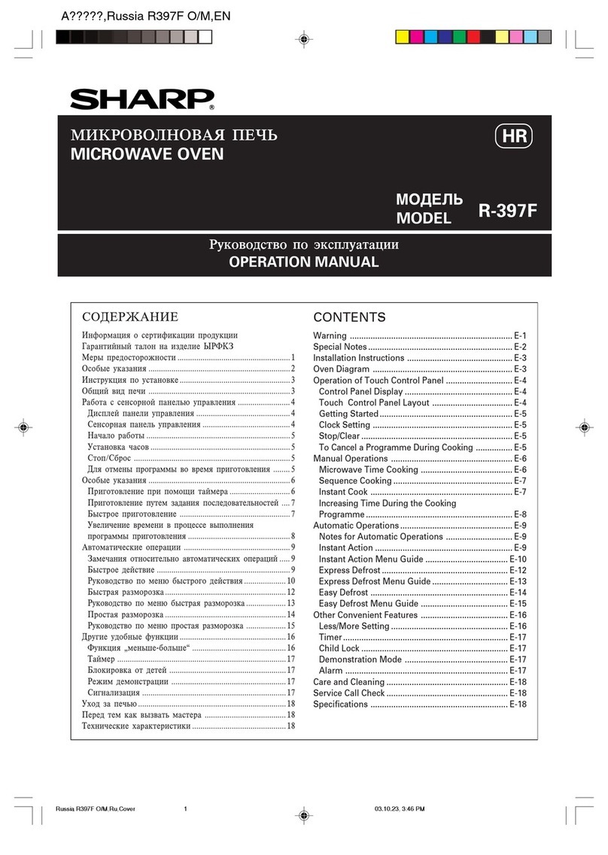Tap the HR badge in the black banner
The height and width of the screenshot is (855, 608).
[515, 137]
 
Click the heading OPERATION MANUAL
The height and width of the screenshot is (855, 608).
[303, 262]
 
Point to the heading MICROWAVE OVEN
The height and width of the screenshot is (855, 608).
[147, 154]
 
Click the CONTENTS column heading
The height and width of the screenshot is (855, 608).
[349, 317]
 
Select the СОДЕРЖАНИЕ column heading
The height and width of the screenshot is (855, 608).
[129, 317]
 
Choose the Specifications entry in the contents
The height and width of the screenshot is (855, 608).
[340, 704]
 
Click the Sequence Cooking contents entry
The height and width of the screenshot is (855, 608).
[355, 481]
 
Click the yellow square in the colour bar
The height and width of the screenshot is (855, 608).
[403, 37]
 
